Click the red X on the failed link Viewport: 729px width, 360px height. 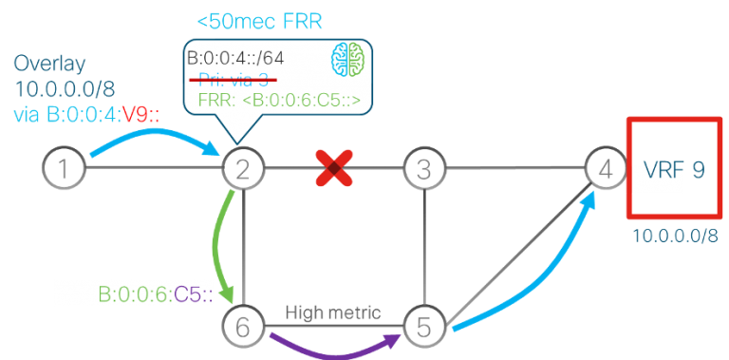[x=334, y=170]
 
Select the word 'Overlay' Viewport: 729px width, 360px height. [x=49, y=65]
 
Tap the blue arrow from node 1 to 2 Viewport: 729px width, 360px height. [x=152, y=137]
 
